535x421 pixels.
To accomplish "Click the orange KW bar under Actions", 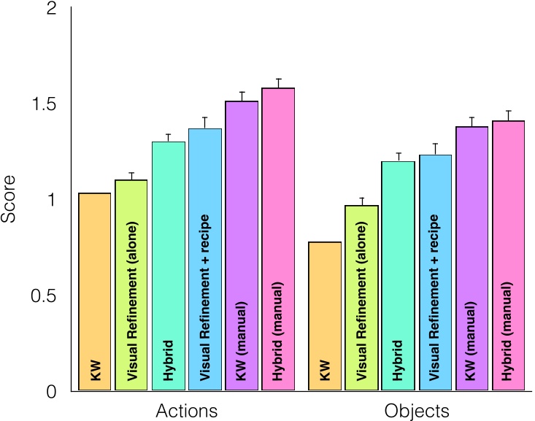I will click(94, 292).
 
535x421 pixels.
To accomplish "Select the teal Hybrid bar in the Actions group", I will click(169, 266).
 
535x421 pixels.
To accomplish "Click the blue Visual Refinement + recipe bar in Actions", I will click(206, 260).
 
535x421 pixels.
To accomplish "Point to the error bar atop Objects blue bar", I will click(436, 149).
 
